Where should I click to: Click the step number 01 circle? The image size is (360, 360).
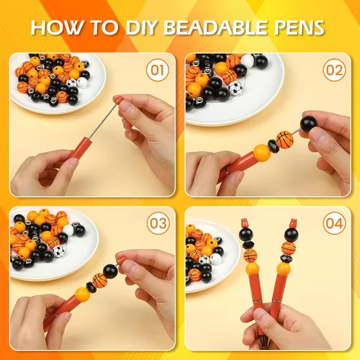(x=158, y=70)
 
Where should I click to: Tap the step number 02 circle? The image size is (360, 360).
(x=335, y=70)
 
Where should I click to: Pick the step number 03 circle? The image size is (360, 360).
(x=158, y=223)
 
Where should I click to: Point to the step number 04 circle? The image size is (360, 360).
(x=335, y=223)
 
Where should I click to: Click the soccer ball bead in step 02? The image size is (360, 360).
(x=235, y=89)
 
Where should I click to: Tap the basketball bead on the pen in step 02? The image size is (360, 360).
(x=285, y=140)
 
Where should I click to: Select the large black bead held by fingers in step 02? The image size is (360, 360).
(x=309, y=124)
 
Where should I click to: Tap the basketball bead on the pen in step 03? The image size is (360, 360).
(x=100, y=281)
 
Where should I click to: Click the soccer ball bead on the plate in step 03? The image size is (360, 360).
(x=58, y=251)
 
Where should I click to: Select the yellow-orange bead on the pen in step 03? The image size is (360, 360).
(x=82, y=295)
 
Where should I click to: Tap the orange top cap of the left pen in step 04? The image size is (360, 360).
(x=244, y=223)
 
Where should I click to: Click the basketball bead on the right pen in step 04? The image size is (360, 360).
(x=289, y=248)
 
